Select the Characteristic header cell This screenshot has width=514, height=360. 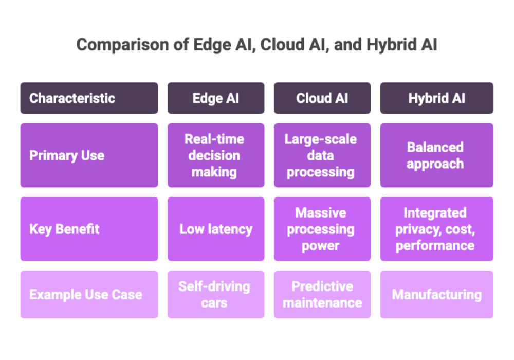(x=89, y=98)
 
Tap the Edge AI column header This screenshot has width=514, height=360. (x=216, y=98)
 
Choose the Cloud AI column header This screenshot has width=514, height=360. (x=322, y=98)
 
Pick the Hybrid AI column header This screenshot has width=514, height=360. (x=436, y=98)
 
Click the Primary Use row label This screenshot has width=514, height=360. (x=89, y=155)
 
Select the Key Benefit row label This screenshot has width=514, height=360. (x=89, y=229)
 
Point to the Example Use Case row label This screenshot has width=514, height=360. (x=89, y=295)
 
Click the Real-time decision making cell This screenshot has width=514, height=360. (x=216, y=155)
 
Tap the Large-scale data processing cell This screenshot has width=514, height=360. (x=322, y=155)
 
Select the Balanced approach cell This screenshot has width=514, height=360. (x=436, y=155)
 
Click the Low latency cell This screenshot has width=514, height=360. (x=216, y=229)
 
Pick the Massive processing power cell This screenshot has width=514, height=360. (x=322, y=229)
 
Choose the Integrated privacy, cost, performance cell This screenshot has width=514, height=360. (x=436, y=229)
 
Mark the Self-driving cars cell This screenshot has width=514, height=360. (x=216, y=295)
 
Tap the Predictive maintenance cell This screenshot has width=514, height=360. (x=322, y=295)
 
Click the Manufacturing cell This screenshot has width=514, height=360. (x=436, y=295)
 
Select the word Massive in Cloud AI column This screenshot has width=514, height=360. (x=321, y=213)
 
